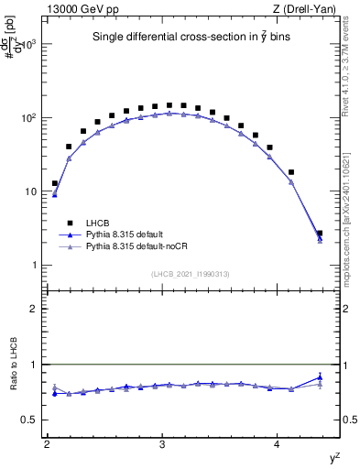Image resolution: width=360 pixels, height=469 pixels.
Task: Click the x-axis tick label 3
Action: coord(162,444)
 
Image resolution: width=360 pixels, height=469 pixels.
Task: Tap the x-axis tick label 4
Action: coord(278,444)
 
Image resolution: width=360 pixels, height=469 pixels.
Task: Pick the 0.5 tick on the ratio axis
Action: coord(28,420)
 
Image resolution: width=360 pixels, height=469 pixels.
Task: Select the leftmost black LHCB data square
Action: coord(55,183)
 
